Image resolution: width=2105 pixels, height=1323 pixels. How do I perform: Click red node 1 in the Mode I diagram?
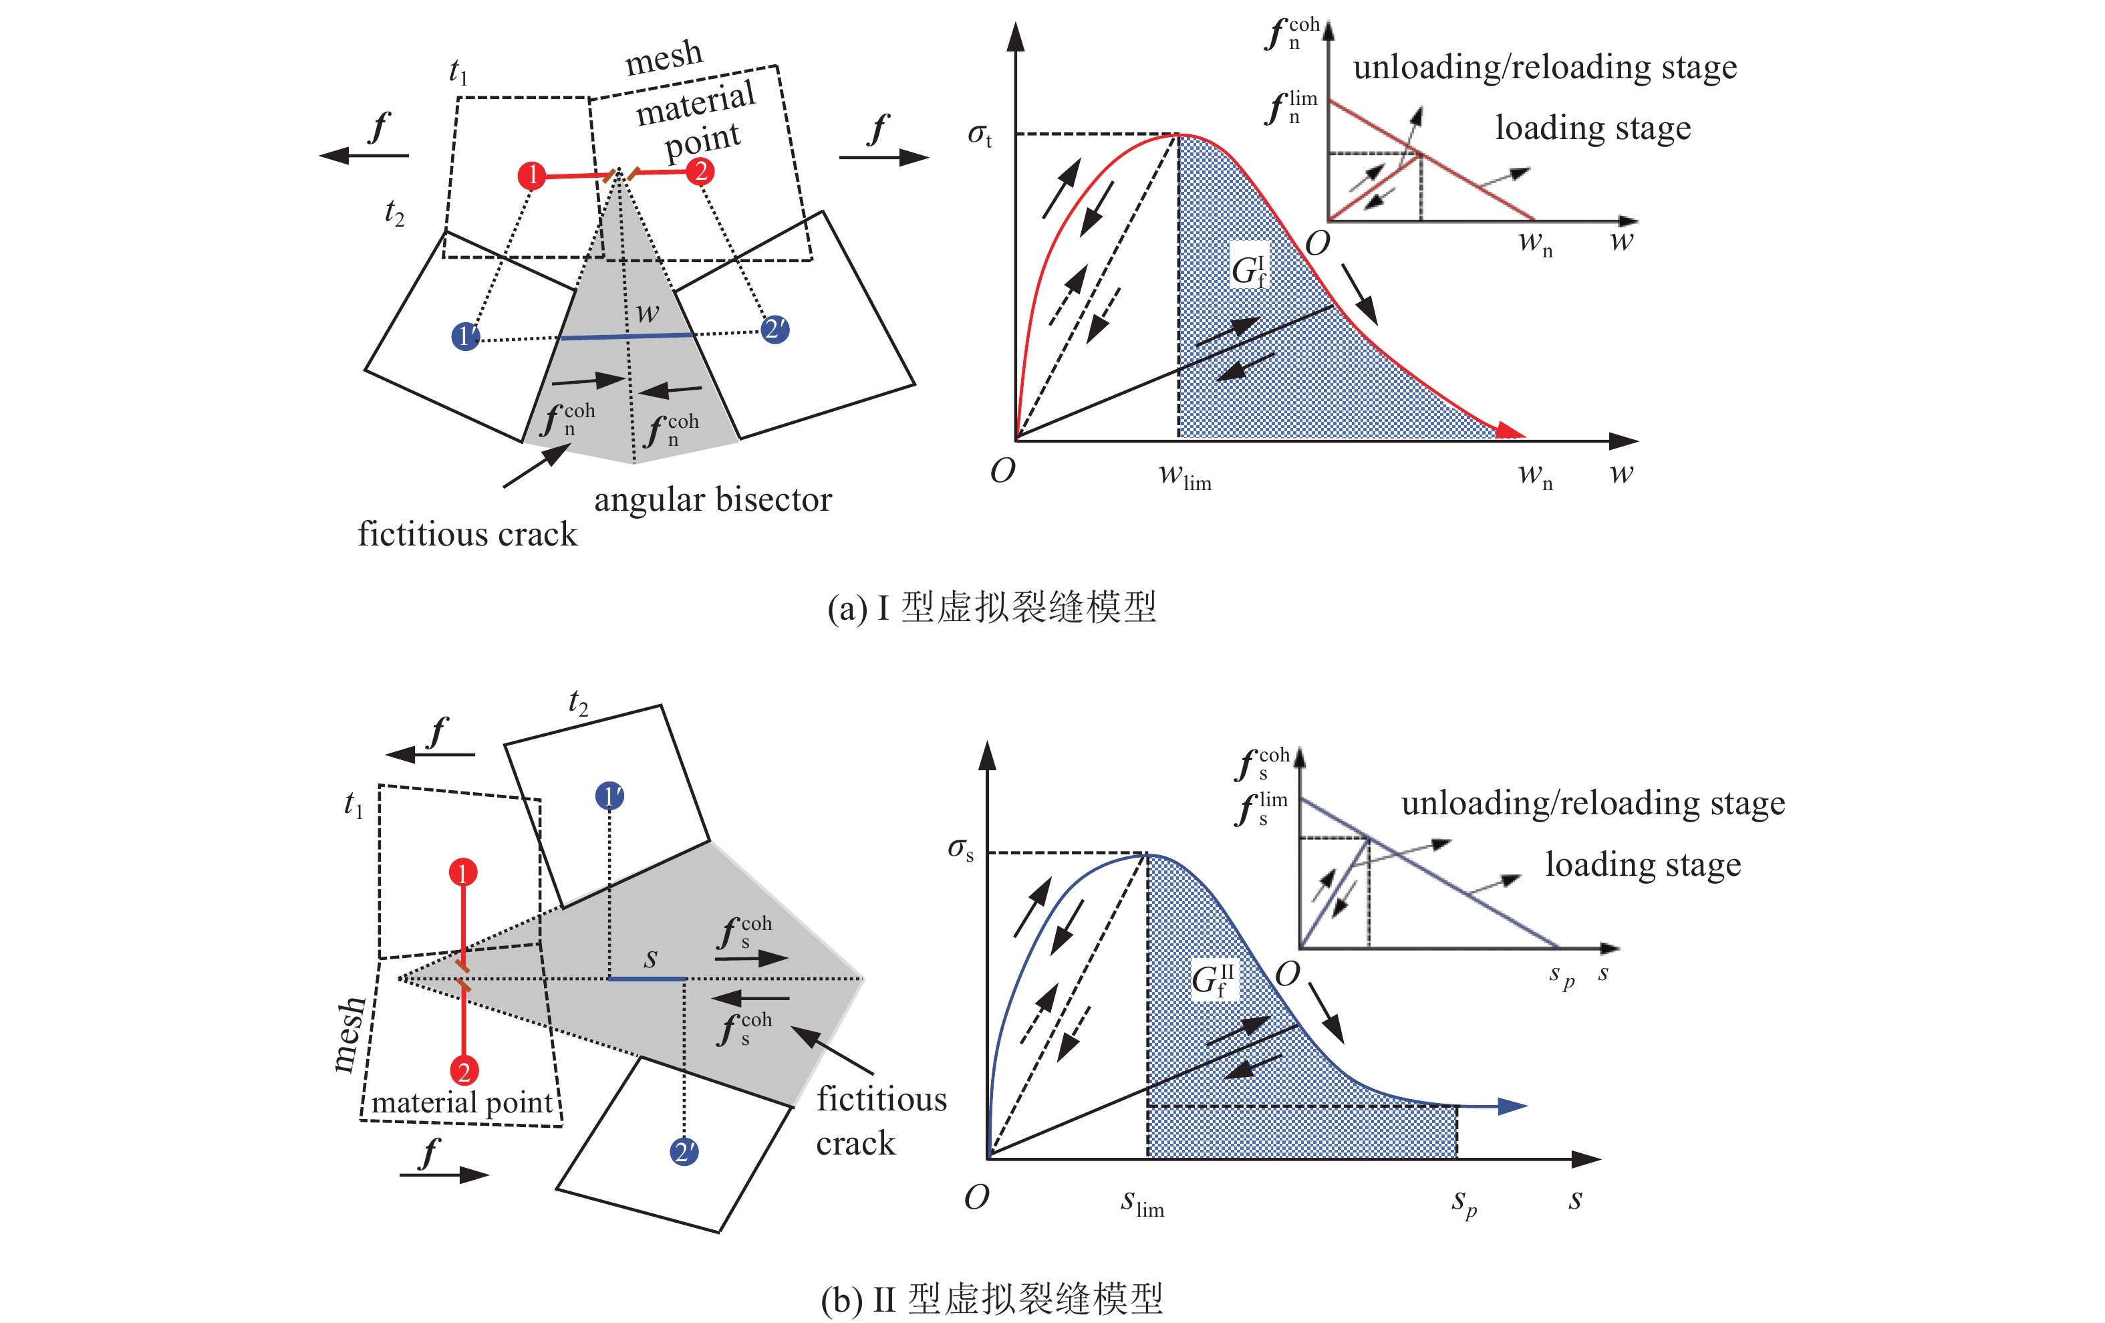tap(531, 176)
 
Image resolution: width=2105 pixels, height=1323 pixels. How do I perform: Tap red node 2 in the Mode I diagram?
tap(700, 171)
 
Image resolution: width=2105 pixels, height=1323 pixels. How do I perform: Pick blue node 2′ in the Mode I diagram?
tap(775, 330)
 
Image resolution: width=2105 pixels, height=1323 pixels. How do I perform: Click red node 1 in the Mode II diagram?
tap(463, 872)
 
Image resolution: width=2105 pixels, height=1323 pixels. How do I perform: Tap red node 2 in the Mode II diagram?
tap(463, 1071)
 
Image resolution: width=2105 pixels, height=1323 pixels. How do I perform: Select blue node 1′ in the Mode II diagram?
tap(609, 796)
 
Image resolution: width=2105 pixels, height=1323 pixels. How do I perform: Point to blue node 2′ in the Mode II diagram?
tap(684, 1152)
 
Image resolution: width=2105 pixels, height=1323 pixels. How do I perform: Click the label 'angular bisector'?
tap(712, 500)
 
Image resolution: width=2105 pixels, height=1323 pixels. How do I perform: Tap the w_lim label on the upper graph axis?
tap(1185, 477)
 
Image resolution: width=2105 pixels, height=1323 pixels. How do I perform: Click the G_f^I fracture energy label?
tap(1248, 270)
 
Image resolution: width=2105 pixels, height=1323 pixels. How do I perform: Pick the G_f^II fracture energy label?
tap(1214, 979)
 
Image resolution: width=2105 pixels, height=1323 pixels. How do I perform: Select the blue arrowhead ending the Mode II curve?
tap(1512, 1106)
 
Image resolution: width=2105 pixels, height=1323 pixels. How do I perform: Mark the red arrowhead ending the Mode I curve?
tap(1510, 431)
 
